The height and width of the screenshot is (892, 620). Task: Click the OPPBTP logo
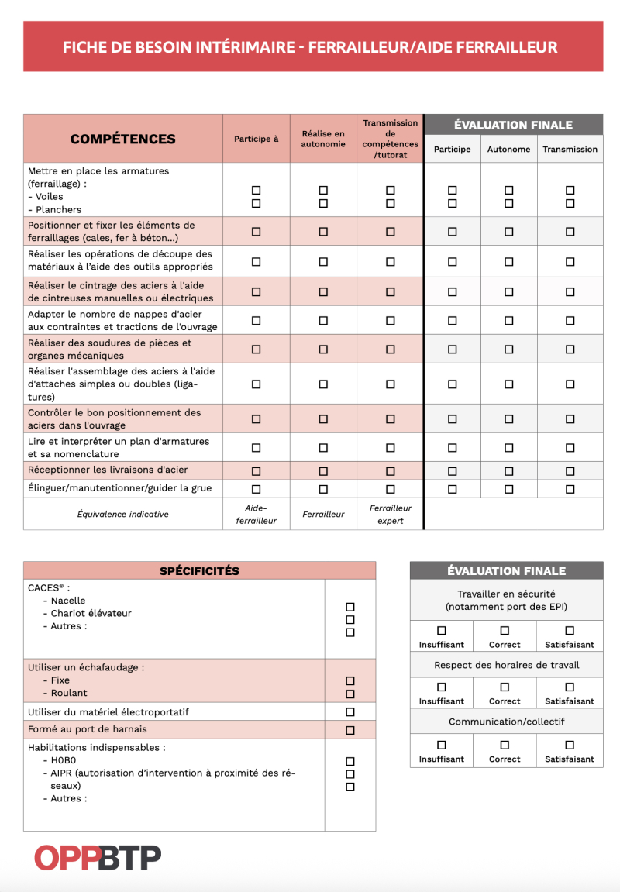coord(98,857)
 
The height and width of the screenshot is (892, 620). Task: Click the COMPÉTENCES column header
coord(122,139)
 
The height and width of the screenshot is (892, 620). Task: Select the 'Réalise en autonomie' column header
coord(323,139)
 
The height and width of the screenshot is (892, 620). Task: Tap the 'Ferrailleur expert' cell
coord(391,515)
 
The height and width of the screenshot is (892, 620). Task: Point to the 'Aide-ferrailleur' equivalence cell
coord(256,515)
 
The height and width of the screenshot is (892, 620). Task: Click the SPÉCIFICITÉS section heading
coord(199,571)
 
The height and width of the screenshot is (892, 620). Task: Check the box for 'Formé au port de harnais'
coord(350,730)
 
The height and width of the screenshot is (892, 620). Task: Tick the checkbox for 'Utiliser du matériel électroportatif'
coord(350,712)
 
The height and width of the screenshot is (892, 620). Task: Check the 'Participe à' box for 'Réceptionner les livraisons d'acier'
coord(257,471)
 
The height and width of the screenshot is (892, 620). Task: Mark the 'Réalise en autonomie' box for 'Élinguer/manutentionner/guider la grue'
coord(323,489)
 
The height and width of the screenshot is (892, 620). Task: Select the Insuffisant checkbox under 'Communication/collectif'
coord(442,745)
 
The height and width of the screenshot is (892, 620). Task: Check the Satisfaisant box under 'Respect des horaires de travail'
coord(570,687)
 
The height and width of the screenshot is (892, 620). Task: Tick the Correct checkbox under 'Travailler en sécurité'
coord(505,631)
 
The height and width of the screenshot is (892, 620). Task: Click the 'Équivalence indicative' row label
coord(123,514)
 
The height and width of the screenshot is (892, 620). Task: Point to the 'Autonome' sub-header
coord(508,149)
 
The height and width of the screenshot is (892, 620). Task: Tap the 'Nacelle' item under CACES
coord(68,601)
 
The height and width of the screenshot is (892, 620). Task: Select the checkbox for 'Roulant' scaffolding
coord(350,694)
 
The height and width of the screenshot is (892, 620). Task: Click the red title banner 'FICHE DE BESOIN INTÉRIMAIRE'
coord(310,47)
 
